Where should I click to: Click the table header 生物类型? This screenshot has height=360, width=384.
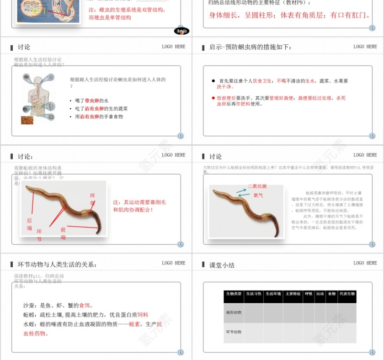click(234, 294)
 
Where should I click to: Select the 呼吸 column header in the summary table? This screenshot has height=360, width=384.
click(309, 294)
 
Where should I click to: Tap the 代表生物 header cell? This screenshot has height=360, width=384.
click(347, 294)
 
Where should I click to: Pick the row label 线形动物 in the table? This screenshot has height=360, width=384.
click(234, 312)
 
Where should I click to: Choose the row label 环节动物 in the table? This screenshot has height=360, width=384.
click(234, 332)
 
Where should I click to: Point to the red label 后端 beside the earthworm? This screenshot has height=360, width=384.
click(29, 224)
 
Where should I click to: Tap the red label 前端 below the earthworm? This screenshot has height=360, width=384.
click(63, 233)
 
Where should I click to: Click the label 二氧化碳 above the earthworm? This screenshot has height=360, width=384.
click(257, 186)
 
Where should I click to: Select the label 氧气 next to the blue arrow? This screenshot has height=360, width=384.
click(258, 195)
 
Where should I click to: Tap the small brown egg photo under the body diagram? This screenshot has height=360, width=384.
click(27, 120)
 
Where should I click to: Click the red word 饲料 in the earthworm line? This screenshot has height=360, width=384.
click(143, 315)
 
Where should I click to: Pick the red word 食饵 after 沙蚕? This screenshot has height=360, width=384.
click(85, 306)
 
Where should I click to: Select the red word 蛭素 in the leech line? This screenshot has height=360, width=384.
click(134, 324)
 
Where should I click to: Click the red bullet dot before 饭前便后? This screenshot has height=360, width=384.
click(213, 98)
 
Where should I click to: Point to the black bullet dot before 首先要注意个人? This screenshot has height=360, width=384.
click(213, 81)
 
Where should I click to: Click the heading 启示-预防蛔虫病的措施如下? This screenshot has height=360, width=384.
click(250, 47)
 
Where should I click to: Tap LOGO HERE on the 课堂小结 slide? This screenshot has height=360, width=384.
click(365, 263)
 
